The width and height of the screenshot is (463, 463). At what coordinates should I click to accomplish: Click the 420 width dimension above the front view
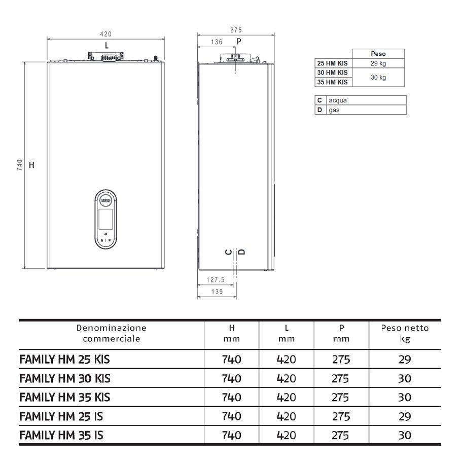(x=105, y=34)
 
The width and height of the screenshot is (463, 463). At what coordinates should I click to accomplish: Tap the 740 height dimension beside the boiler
(x=20, y=165)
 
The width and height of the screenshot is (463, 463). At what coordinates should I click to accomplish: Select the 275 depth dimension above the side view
(x=236, y=30)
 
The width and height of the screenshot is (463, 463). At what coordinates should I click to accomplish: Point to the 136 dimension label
(x=217, y=42)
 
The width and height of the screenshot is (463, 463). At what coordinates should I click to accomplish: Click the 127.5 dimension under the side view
(x=216, y=279)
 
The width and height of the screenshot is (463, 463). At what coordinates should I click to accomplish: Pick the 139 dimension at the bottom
(x=217, y=292)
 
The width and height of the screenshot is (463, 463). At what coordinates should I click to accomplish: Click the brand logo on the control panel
(x=105, y=200)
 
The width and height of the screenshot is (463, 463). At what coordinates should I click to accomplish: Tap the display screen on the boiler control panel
(x=105, y=219)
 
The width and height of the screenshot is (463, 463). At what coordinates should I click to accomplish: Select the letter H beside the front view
(x=31, y=165)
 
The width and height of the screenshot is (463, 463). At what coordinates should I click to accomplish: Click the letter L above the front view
(x=106, y=46)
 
